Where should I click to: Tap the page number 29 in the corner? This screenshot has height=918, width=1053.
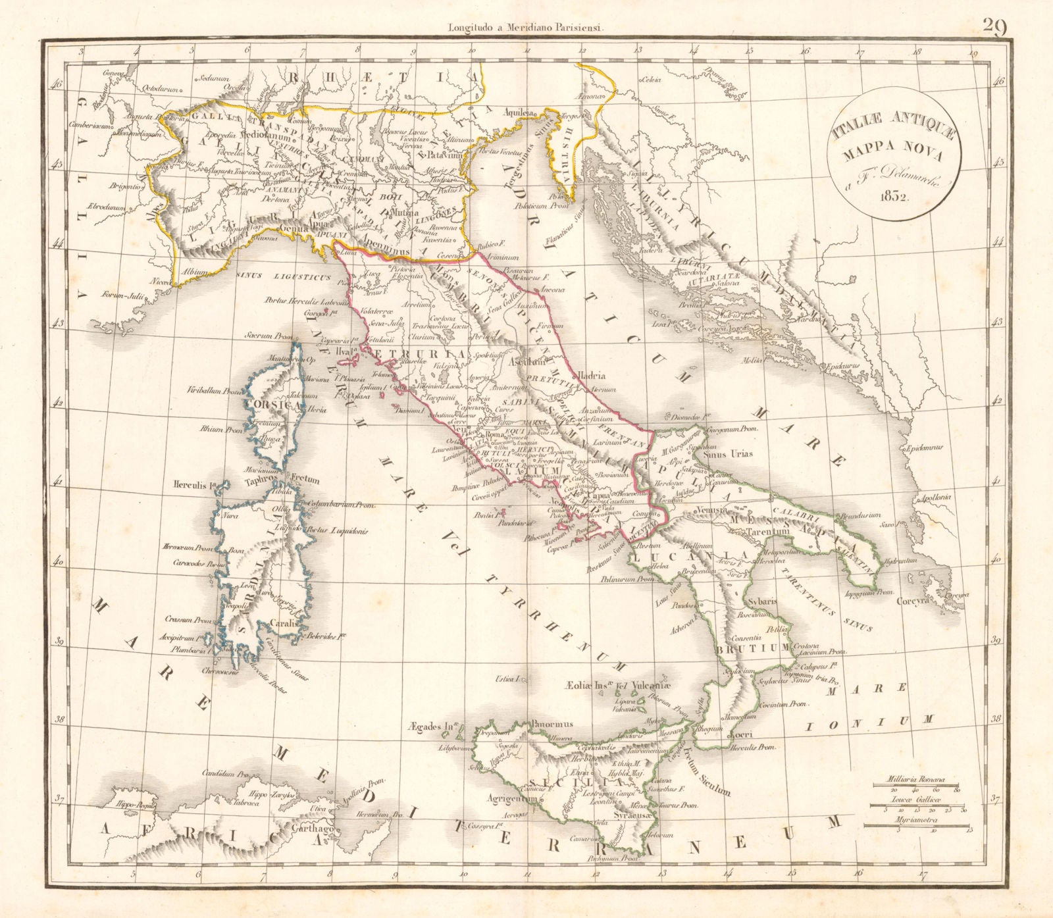point(995,26)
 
